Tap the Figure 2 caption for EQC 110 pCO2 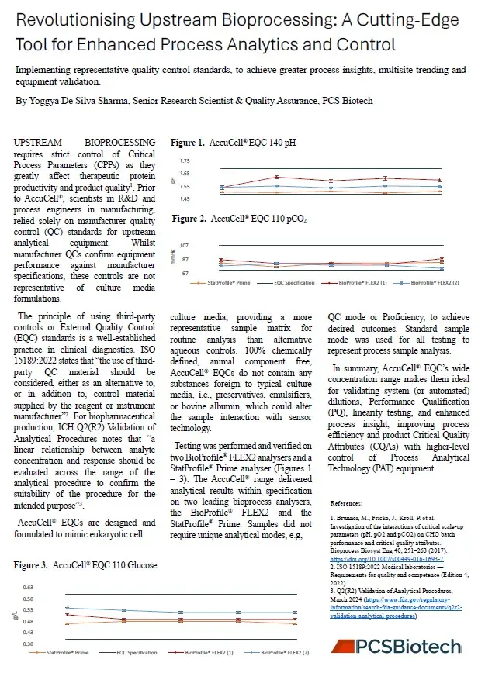(239, 219)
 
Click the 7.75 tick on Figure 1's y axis (184, 160)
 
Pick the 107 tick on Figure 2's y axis (184, 246)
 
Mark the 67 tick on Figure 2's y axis (184, 272)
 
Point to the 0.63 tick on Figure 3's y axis (29, 588)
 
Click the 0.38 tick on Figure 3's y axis (29, 644)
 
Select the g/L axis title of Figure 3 (15, 616)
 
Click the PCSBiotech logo (397, 647)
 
